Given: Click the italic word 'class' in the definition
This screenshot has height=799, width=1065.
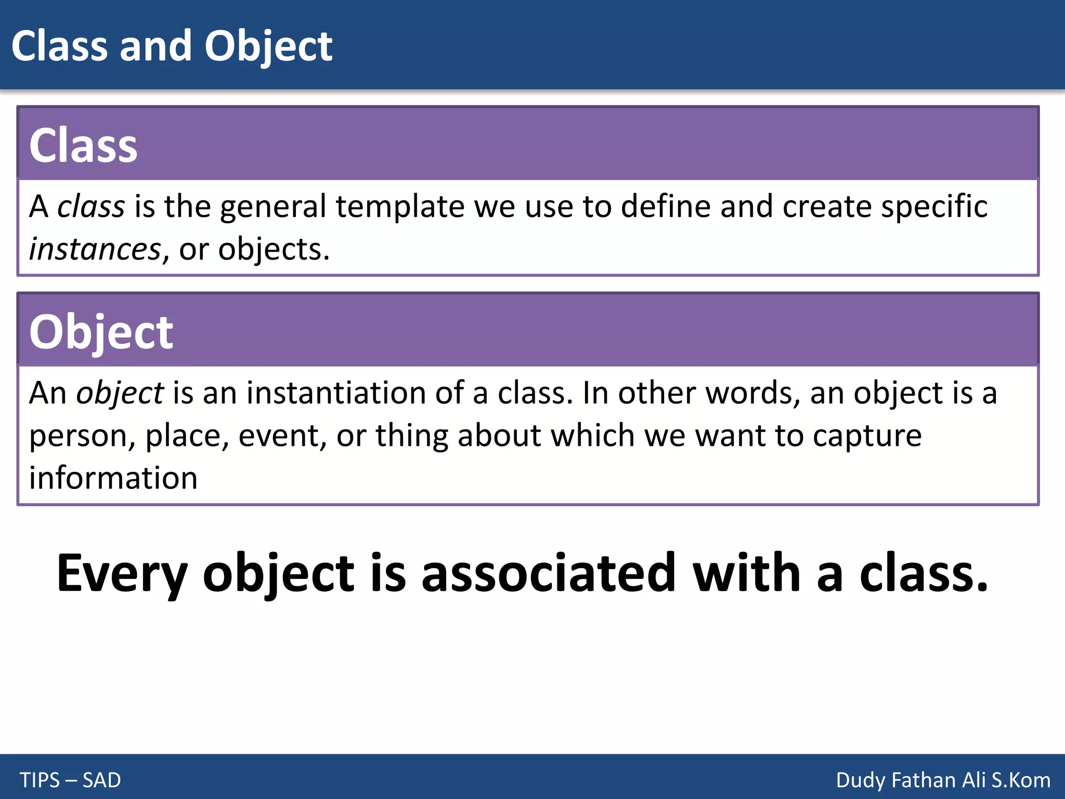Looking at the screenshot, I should [x=91, y=207].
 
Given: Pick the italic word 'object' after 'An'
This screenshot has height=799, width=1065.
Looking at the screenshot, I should [x=120, y=393].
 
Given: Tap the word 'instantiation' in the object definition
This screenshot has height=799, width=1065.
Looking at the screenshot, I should [x=336, y=393].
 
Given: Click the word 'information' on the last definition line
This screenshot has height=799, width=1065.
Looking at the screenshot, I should [x=113, y=478].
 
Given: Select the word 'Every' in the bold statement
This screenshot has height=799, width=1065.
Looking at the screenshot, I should [x=122, y=573].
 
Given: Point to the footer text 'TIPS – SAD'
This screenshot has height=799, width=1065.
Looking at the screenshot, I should [x=70, y=780].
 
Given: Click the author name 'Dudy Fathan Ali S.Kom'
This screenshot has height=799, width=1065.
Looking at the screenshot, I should [x=943, y=780].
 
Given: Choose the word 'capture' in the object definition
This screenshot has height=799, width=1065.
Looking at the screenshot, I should [x=867, y=435].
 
